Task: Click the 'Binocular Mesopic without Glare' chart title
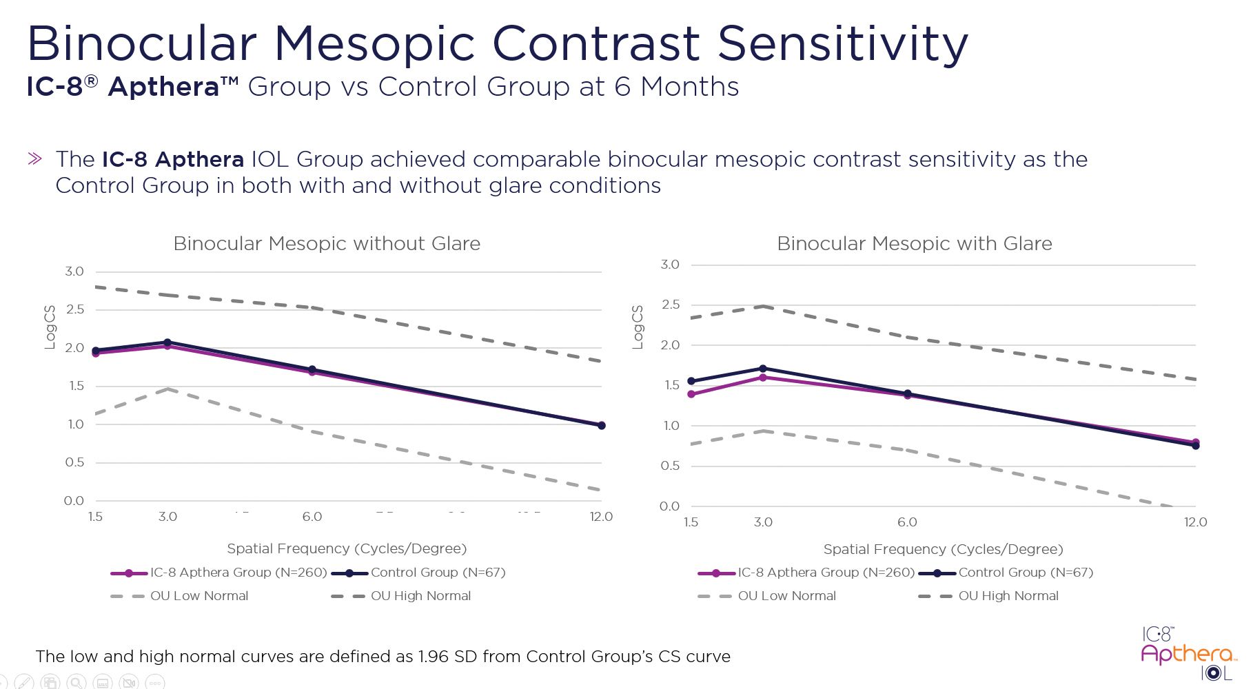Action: point(327,244)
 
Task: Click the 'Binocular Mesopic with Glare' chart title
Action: point(914,244)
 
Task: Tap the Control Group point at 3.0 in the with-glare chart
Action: point(763,369)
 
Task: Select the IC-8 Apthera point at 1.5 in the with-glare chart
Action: point(691,394)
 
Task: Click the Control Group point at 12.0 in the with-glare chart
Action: point(1196,446)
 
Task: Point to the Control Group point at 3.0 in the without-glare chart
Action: point(167,342)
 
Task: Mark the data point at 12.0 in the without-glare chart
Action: point(602,425)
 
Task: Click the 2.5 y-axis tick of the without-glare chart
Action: point(74,309)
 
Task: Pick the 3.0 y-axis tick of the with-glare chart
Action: point(669,265)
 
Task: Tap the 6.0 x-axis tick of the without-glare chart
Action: point(312,517)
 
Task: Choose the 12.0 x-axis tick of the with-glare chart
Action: point(1196,522)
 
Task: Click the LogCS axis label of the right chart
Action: point(638,327)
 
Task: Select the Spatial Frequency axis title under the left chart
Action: point(347,548)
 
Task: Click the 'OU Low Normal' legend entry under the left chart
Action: point(198,596)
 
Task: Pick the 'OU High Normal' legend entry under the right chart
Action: point(1008,596)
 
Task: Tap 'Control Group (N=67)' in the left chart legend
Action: point(438,573)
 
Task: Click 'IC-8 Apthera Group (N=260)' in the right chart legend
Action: point(826,573)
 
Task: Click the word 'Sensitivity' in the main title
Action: point(842,43)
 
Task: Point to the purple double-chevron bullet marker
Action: point(34,159)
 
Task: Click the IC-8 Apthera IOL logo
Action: point(1187,652)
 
